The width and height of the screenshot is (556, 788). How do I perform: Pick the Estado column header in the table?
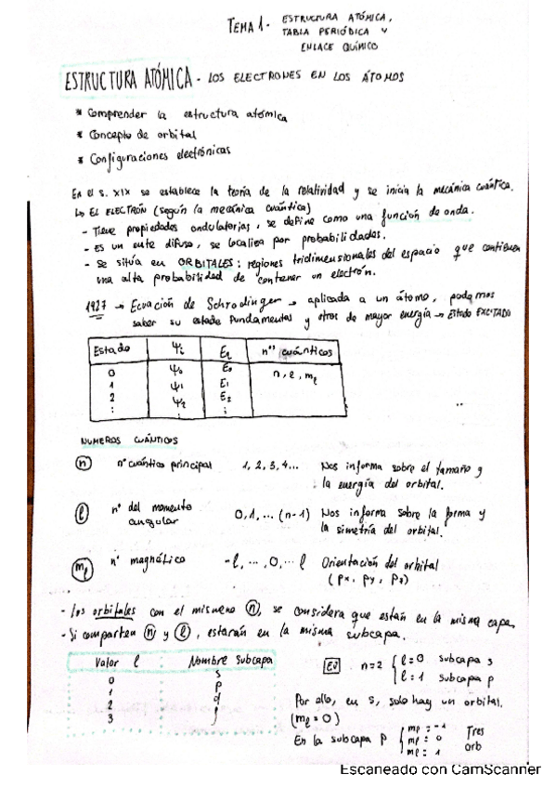pyautogui.click(x=114, y=349)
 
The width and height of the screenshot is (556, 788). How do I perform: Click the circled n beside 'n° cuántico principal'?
pyautogui.click(x=84, y=465)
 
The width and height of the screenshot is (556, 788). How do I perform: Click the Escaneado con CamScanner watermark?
pyautogui.click(x=440, y=769)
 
